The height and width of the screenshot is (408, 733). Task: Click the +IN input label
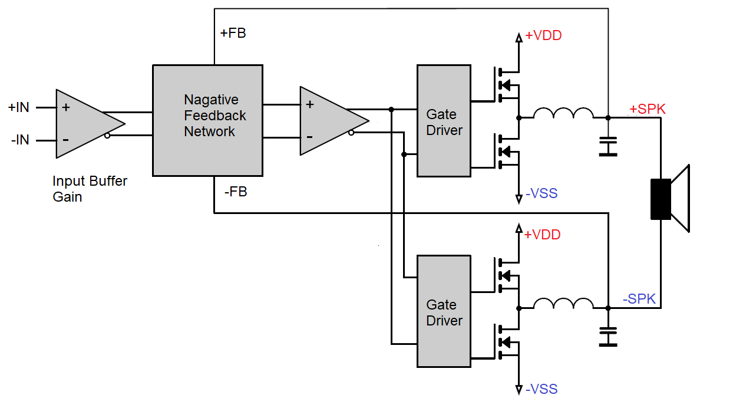18,108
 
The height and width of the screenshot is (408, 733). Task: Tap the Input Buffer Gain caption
90,189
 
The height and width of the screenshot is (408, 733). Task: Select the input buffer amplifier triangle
85,124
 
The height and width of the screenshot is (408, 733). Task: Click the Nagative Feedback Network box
207,120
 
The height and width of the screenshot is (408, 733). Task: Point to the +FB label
233,33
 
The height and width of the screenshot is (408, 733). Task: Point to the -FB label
235,192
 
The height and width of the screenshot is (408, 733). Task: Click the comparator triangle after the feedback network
329,121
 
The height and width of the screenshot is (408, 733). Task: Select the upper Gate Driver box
444,121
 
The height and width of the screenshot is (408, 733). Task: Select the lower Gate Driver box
444,311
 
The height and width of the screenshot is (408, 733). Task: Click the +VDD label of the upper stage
543,36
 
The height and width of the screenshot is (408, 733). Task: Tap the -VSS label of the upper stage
541,193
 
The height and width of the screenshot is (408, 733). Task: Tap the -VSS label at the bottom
541,389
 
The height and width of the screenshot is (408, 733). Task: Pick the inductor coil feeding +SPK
563,113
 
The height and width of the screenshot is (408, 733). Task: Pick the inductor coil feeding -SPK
563,303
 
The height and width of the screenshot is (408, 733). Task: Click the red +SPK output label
647,109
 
